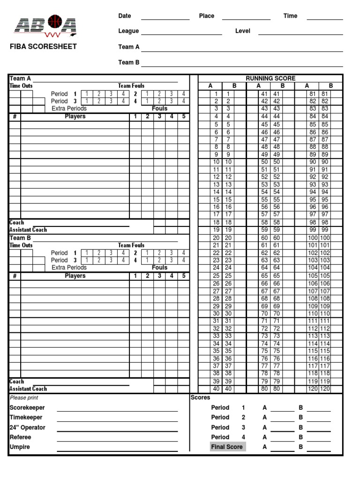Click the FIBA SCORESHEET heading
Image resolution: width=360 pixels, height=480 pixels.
(43, 46)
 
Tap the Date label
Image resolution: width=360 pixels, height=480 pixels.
(125, 16)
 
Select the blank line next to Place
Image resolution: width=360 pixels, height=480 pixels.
(246, 19)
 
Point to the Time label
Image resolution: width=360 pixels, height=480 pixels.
(290, 16)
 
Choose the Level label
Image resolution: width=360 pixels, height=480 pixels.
(243, 31)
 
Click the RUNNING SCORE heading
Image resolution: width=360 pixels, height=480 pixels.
(270, 78)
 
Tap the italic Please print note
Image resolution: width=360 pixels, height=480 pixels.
(24, 397)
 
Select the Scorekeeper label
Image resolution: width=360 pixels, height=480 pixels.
(27, 408)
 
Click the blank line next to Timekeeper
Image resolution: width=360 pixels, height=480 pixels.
(117, 420)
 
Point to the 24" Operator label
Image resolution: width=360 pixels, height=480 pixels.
(28, 427)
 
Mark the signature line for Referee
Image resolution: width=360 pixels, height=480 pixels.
(117, 440)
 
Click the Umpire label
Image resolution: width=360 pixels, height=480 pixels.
(20, 447)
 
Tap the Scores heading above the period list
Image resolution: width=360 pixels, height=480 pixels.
(200, 397)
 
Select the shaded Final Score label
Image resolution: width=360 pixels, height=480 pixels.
(227, 447)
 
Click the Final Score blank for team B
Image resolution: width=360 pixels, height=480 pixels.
(318, 450)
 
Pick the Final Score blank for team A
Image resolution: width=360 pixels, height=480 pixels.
(282, 450)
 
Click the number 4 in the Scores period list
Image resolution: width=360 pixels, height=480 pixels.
(243, 437)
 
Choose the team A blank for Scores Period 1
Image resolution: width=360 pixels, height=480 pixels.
(282, 410)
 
